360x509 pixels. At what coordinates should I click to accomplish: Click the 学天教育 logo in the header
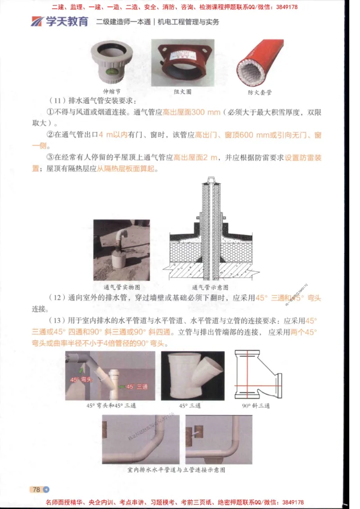point(59,21)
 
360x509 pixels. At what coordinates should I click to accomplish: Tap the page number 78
point(36,489)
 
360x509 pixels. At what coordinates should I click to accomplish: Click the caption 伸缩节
point(112,90)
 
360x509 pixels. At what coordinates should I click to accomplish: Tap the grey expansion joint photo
point(112,62)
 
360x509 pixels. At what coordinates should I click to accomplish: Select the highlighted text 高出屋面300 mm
point(191,112)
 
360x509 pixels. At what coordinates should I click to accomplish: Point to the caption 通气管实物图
point(122,287)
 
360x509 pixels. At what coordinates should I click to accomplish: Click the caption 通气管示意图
point(210,287)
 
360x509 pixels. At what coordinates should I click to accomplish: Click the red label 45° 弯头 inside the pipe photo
point(81,380)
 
